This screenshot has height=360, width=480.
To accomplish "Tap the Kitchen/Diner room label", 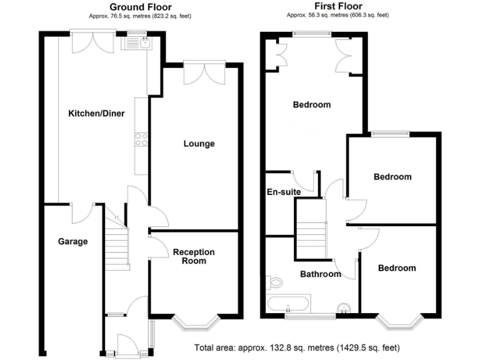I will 96,114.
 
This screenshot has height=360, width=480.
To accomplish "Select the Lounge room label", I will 199,144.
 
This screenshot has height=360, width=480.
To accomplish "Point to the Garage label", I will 73,241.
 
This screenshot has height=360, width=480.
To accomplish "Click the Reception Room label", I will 194,256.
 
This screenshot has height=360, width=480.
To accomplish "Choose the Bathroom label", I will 321,274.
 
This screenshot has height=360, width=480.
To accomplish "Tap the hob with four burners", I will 141,139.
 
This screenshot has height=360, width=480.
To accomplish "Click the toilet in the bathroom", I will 273,282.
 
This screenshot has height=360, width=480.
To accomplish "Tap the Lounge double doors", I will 203,73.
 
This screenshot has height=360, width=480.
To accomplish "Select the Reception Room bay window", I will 196,322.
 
